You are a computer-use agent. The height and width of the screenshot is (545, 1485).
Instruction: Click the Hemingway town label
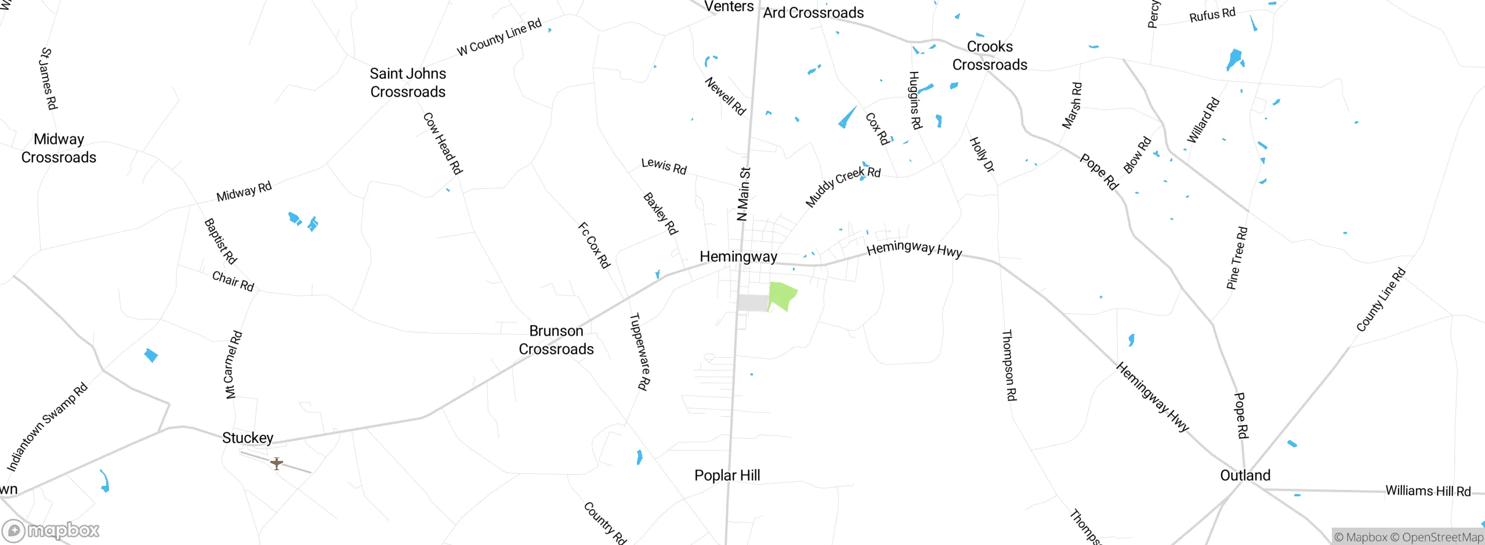pos(738,256)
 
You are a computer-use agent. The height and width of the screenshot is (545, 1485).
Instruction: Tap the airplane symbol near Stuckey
pos(277,463)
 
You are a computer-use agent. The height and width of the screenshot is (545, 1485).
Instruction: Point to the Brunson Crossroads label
pos(556,340)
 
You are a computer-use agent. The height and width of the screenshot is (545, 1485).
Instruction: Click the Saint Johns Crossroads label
pos(408,82)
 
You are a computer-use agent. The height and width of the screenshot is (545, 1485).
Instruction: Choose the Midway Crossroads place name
pos(59,148)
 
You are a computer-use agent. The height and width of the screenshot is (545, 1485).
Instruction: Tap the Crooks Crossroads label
pos(990,56)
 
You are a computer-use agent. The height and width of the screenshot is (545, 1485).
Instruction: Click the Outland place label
pos(1245,475)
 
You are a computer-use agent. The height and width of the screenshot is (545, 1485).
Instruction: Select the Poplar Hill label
pos(727,475)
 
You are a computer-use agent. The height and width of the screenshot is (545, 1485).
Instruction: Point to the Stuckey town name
pos(248,438)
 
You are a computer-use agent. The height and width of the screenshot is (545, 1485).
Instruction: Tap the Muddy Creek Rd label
pos(843,186)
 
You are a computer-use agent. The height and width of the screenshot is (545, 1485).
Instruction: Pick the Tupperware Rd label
pos(640,351)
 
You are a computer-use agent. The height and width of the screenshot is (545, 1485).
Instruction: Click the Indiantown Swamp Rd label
pos(47,426)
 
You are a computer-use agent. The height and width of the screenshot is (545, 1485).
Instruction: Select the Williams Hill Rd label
pos(1428,491)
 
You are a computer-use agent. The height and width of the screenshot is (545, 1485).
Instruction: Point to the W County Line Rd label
pos(499,37)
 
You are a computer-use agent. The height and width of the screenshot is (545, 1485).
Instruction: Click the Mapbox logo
pos(51,531)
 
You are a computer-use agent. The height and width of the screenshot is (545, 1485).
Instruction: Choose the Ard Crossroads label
pos(813,13)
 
